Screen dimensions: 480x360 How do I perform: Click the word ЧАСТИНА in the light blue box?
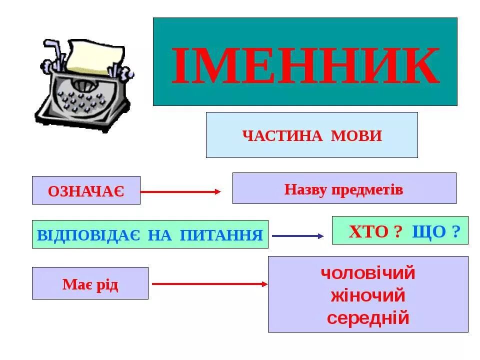coord(282,135)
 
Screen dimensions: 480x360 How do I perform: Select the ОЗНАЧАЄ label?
coord(86,190)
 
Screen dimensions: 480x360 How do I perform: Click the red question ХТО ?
coord(375,231)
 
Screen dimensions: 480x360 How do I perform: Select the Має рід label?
coord(90,284)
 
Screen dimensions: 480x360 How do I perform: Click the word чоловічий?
coord(368,273)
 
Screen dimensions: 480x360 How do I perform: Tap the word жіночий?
coord(368,295)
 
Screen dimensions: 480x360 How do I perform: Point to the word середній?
coord(368,318)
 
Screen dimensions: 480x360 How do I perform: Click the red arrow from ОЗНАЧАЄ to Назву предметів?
coord(180,191)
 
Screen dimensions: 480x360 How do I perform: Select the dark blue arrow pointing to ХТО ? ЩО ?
coord(297,235)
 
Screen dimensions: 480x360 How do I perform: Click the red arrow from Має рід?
coord(209,284)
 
